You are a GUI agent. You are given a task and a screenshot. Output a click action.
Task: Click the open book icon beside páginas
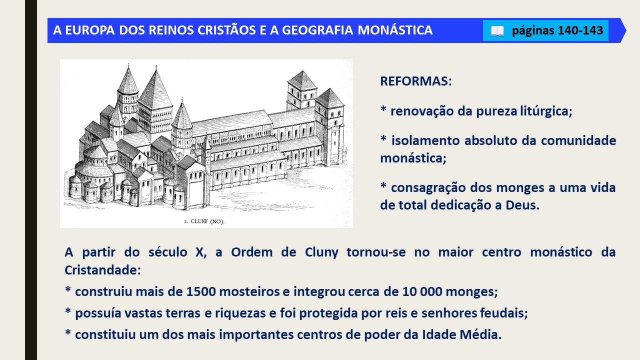click(497, 31)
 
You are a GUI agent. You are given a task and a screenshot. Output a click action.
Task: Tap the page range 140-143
click(580, 30)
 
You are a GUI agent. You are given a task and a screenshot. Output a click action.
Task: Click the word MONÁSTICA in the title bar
click(395, 30)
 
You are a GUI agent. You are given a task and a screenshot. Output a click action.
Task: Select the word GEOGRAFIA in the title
click(317, 30)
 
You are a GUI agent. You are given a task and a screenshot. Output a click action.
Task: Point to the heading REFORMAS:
click(415, 81)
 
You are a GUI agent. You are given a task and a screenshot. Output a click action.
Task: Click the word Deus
click(522, 205)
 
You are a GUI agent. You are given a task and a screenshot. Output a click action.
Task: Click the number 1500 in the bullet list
click(201, 291)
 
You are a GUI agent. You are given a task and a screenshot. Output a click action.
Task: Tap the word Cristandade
click(102, 270)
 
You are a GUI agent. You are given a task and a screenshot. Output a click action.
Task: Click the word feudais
click(503, 313)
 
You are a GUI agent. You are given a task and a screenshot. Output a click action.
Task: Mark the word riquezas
click(240, 313)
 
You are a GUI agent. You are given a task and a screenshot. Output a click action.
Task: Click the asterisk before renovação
click(383, 109)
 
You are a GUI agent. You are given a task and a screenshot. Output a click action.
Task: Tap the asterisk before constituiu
click(67, 332)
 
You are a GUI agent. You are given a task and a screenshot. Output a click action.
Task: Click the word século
click(167, 252)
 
